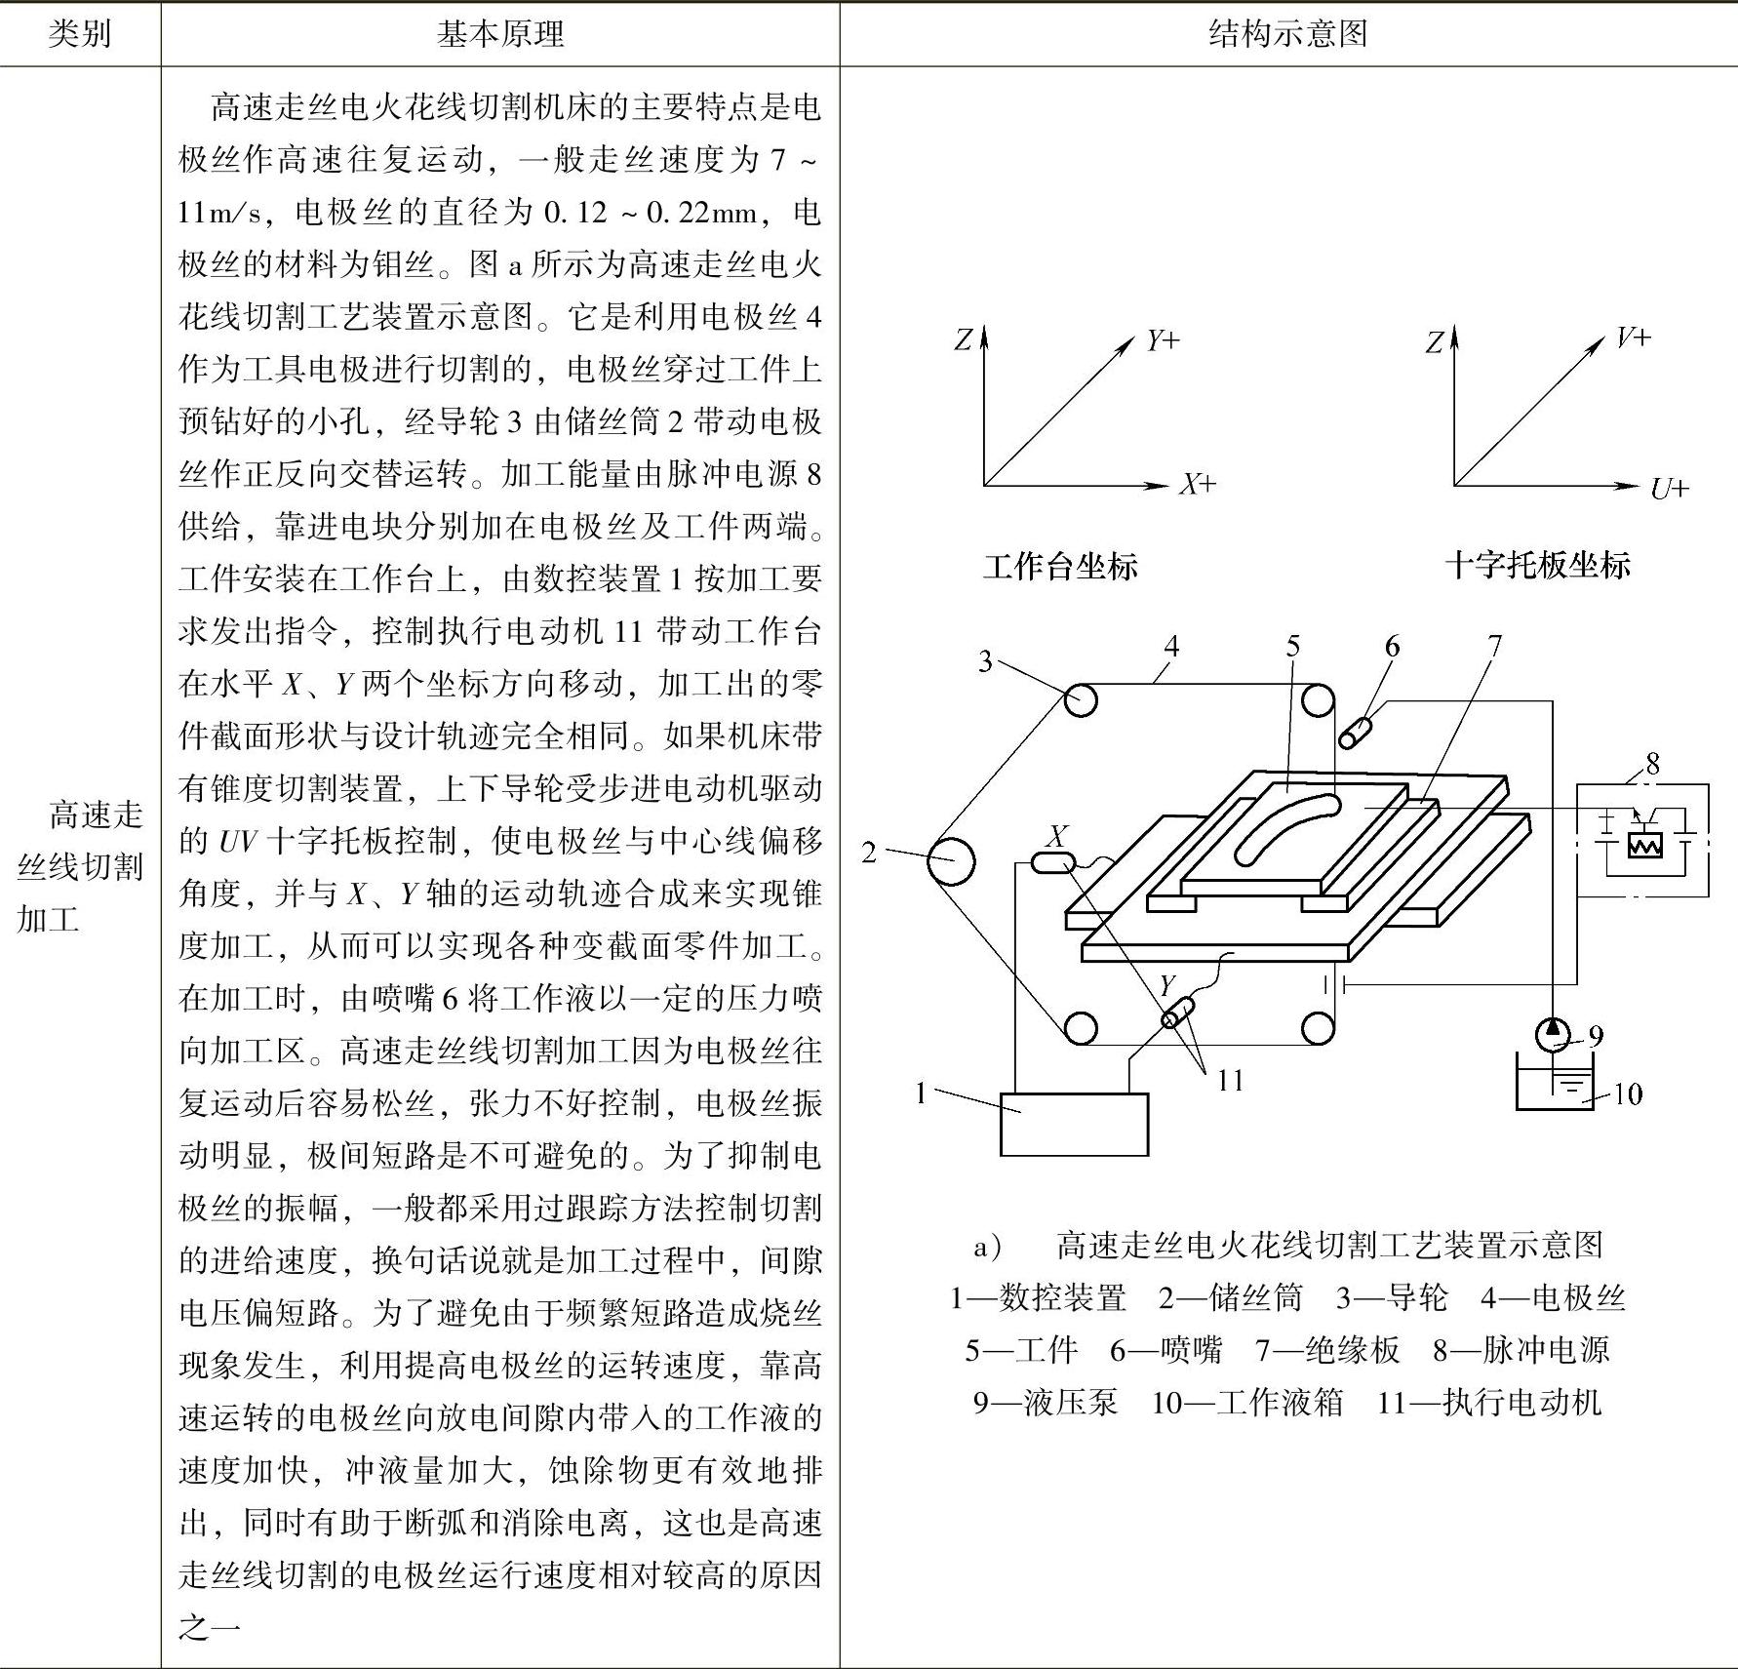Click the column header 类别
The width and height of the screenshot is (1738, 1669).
point(80,34)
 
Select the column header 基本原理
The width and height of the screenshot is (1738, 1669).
point(499,34)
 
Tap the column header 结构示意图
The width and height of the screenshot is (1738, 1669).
point(1287,34)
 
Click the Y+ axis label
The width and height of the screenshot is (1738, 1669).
point(1163,340)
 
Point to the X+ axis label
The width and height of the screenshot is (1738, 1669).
point(1198,485)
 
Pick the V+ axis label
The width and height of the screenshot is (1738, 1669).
point(1633,338)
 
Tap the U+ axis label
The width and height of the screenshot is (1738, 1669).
point(1669,488)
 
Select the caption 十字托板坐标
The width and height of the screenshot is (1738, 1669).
point(1537,565)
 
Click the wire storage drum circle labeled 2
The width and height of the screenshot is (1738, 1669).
point(949,860)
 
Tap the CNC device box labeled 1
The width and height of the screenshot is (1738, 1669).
point(1074,1124)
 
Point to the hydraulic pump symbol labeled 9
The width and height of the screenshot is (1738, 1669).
point(1552,1034)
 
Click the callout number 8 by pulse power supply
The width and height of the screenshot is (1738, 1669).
point(1651,764)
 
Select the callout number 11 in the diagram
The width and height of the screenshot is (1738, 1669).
point(1230,1080)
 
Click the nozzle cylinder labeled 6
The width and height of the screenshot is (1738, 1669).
point(1356,732)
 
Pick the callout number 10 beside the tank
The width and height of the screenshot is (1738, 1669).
point(1628,1094)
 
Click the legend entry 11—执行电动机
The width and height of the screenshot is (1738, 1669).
point(1488,1403)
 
